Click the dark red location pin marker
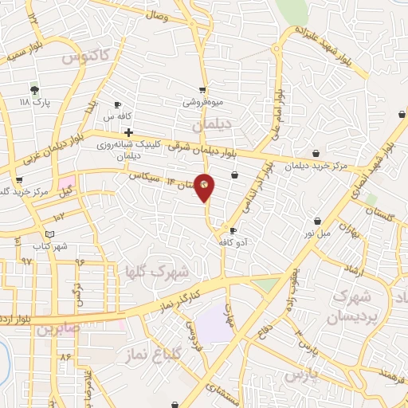[x=205, y=186]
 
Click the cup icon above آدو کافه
[x=233, y=231]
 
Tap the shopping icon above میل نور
[x=318, y=220]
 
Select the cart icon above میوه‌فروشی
[x=203, y=90]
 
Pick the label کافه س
[x=130, y=116]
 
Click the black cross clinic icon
[x=127, y=132]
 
